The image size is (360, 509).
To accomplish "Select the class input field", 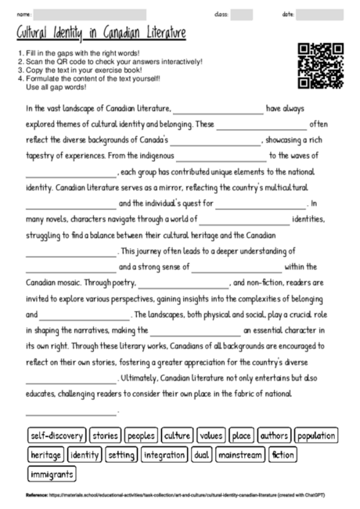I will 242,14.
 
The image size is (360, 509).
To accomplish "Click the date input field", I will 320,14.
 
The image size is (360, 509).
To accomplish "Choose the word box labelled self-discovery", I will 56,435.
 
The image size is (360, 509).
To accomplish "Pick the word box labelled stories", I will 105,435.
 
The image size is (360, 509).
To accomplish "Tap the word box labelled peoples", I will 142,435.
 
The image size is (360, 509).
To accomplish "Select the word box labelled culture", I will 178,435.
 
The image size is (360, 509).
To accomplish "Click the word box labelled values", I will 211,435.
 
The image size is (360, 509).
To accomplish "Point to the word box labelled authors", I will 275,435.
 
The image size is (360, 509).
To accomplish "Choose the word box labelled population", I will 317,435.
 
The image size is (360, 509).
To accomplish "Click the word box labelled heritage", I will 45,454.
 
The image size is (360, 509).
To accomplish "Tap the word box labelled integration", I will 164,454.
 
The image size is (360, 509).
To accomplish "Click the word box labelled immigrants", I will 52,474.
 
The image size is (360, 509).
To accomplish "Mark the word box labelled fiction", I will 283,454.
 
